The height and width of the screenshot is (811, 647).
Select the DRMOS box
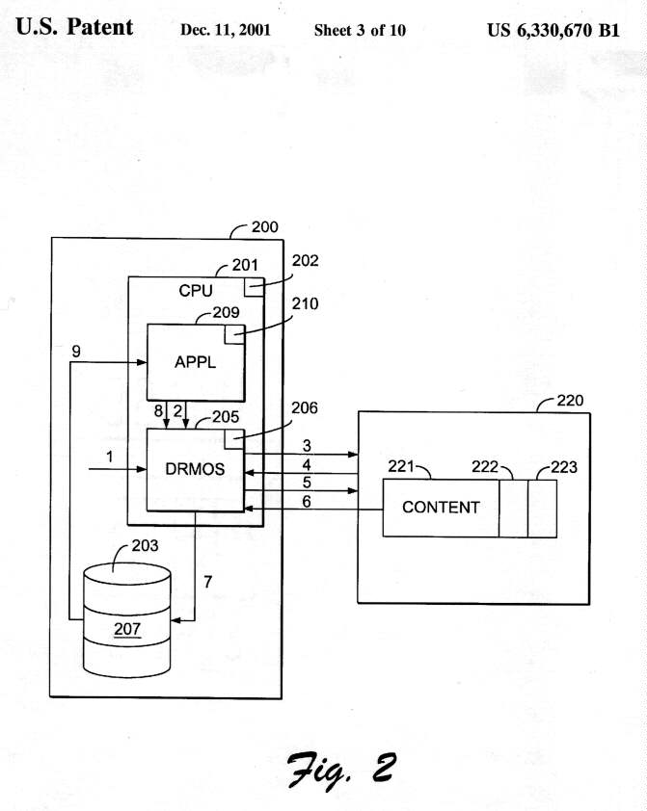pos(194,469)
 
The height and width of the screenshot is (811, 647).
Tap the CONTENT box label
pos(441,507)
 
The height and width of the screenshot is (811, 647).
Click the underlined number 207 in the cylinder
pos(128,630)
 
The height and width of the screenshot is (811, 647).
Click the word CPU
pos(196,289)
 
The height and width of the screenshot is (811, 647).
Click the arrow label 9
pos(76,353)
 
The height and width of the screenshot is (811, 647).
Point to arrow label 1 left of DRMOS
pos(110,458)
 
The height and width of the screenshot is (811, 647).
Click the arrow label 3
pos(307,445)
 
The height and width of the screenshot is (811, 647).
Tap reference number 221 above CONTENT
pos(401,467)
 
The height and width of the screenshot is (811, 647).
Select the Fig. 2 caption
pos(337,767)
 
